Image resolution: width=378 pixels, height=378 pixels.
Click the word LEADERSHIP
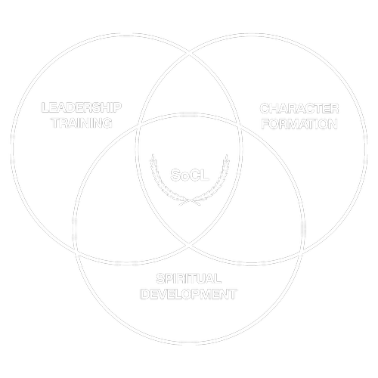[82, 107]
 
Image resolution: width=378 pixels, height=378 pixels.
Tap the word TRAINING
[82, 123]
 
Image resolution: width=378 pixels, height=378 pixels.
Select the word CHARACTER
[299, 109]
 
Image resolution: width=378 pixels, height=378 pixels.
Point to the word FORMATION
[299, 124]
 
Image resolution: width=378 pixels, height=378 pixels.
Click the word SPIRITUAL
[189, 279]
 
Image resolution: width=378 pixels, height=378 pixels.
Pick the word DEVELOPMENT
[189, 294]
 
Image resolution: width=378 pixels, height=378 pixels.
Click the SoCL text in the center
[190, 175]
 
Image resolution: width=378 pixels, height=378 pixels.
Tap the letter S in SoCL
[175, 175]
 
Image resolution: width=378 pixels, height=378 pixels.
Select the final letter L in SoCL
[204, 175]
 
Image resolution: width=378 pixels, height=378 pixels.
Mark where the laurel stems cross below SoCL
[189, 201]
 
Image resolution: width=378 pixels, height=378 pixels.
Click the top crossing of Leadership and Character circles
[190, 53]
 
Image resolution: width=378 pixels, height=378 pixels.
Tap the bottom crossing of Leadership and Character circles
[189, 244]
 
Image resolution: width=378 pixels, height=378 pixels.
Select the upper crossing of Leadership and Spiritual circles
[138, 126]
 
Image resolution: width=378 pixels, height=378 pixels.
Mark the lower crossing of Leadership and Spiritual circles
[76, 253]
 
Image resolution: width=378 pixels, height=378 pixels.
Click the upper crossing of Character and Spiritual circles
[240, 126]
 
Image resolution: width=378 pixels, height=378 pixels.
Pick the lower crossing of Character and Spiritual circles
[302, 253]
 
